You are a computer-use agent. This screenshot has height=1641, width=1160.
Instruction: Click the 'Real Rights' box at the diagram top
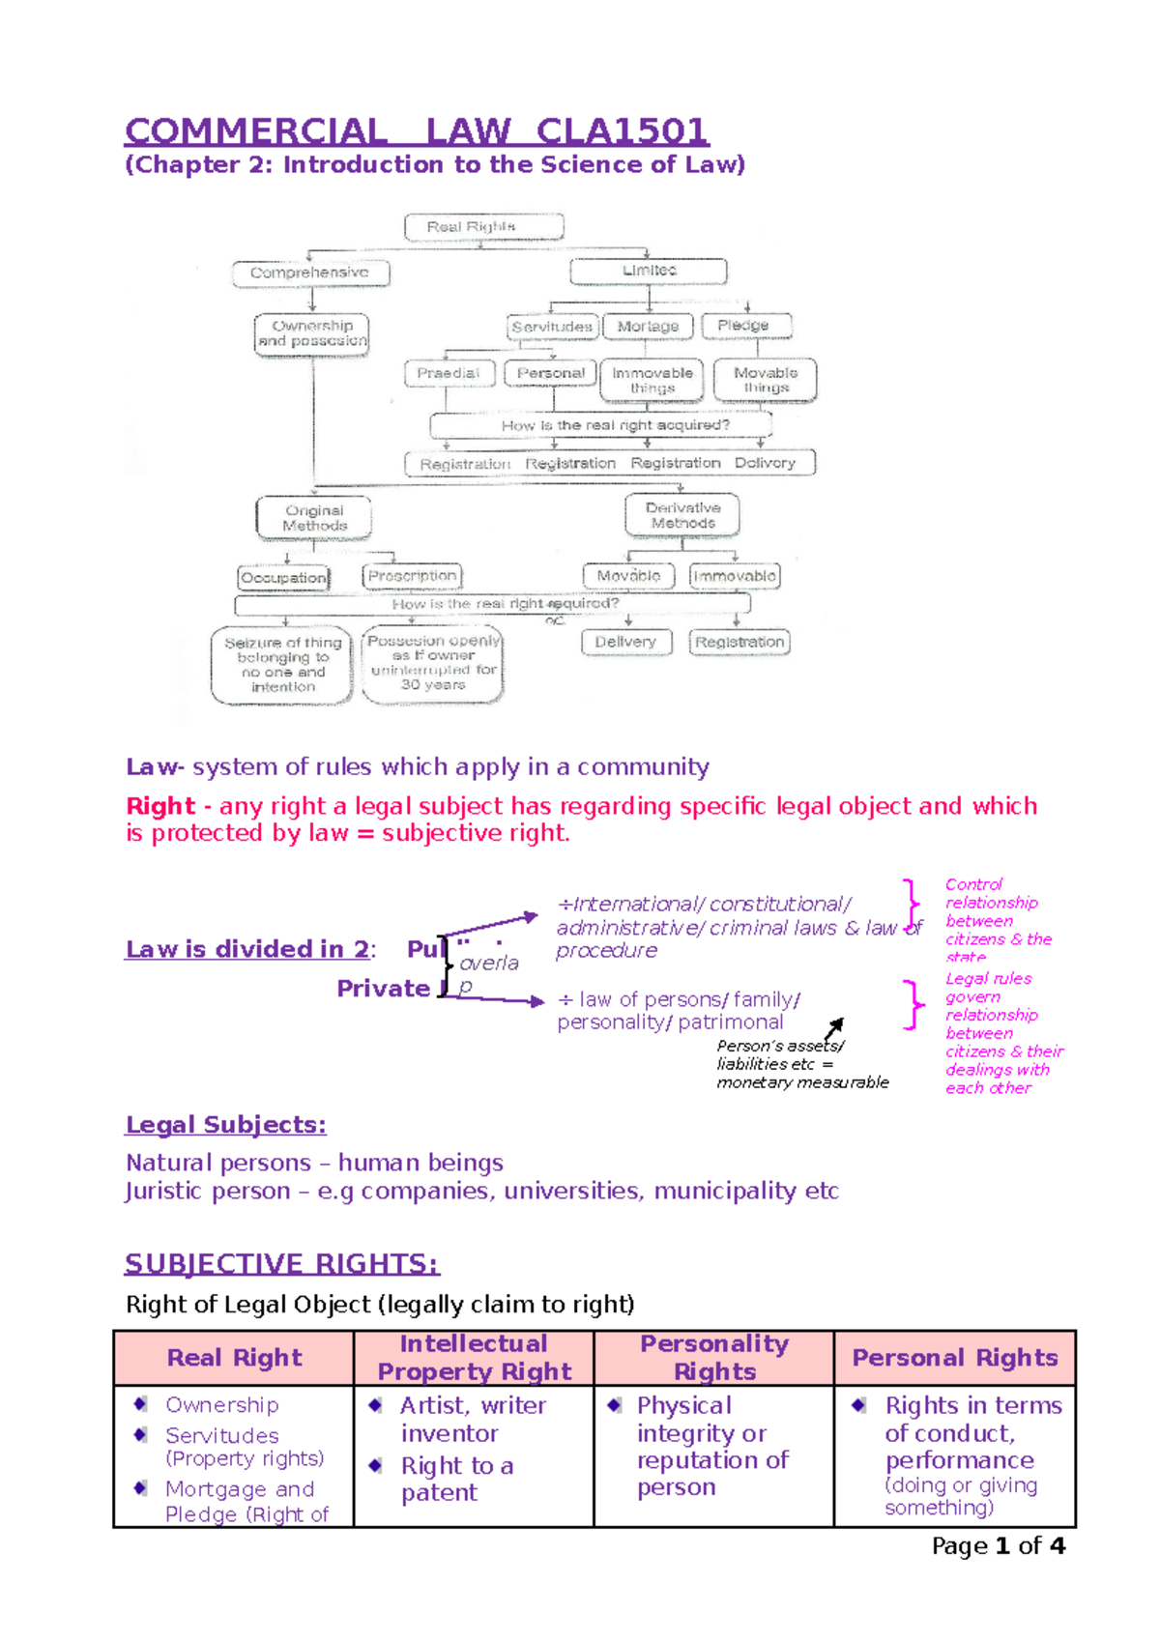click(x=483, y=227)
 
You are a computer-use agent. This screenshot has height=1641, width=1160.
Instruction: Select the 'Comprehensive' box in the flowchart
click(x=310, y=273)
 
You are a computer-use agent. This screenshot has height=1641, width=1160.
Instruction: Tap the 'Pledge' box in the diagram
click(x=745, y=326)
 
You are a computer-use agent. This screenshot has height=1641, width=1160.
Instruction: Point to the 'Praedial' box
click(x=449, y=373)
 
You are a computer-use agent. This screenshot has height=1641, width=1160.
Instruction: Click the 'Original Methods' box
click(x=314, y=518)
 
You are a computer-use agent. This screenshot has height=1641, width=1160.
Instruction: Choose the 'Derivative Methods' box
click(x=682, y=515)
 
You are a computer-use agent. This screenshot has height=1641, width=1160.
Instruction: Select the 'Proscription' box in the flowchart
click(x=413, y=576)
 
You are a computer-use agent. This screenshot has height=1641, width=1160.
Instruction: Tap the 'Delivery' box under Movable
click(x=625, y=642)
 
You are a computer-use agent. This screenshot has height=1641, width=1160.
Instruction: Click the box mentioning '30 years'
click(x=433, y=664)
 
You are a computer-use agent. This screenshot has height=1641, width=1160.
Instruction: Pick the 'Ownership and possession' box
click(x=312, y=333)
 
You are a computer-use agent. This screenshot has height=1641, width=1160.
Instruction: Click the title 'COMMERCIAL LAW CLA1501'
click(x=417, y=131)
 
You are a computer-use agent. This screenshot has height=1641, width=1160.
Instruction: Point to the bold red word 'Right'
click(x=160, y=806)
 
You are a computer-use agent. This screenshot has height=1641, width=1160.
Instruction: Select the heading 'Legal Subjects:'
click(x=226, y=1125)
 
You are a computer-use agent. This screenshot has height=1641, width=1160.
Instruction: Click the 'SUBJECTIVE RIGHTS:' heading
click(x=281, y=1263)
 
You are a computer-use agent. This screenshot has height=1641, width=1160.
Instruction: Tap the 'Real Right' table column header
click(x=234, y=1358)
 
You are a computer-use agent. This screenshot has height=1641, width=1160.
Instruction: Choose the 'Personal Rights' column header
click(x=955, y=1358)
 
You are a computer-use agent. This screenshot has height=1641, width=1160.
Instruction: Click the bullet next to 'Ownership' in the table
click(x=141, y=1404)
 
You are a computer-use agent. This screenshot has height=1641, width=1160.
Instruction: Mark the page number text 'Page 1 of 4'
click(x=998, y=1545)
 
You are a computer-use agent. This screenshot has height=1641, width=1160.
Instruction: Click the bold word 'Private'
click(x=383, y=989)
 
